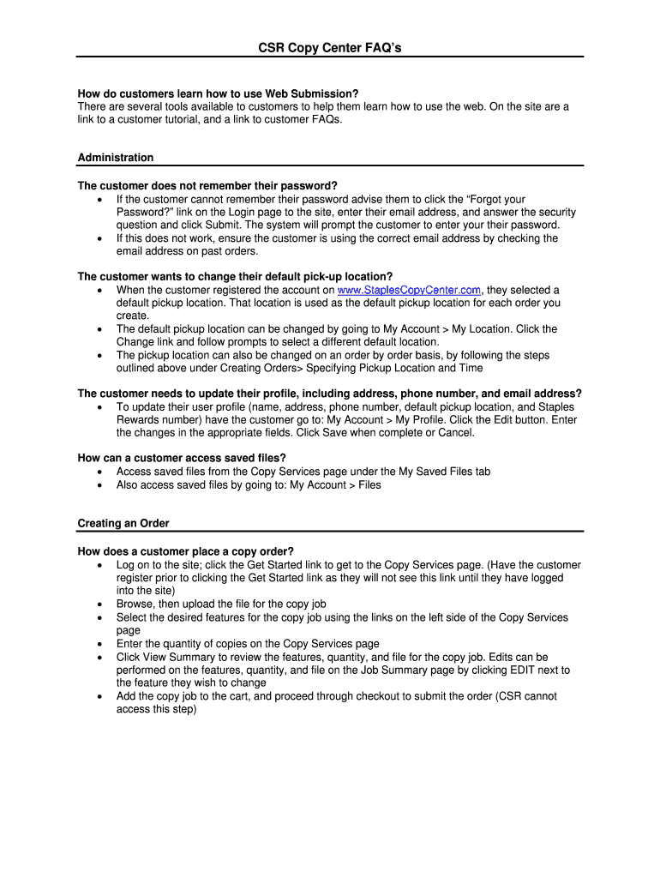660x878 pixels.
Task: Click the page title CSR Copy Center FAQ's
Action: (330, 48)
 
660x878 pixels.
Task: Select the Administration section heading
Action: (116, 158)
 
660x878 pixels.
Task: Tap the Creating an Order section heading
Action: (123, 523)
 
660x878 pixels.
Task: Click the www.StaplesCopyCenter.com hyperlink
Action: (410, 290)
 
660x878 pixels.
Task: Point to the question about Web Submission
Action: (218, 93)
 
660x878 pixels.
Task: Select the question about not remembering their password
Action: (207, 186)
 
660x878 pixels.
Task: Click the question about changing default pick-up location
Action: (235, 277)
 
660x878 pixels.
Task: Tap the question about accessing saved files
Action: (182, 458)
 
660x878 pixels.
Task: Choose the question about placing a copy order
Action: (186, 551)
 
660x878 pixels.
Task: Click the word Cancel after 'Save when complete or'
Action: (454, 433)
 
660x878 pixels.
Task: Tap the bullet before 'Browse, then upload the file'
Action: (101, 604)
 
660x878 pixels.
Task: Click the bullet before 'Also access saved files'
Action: (101, 485)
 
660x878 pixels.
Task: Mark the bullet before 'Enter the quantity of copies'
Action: (101, 644)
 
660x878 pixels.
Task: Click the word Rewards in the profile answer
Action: (141, 420)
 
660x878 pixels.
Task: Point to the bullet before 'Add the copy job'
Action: (101, 696)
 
